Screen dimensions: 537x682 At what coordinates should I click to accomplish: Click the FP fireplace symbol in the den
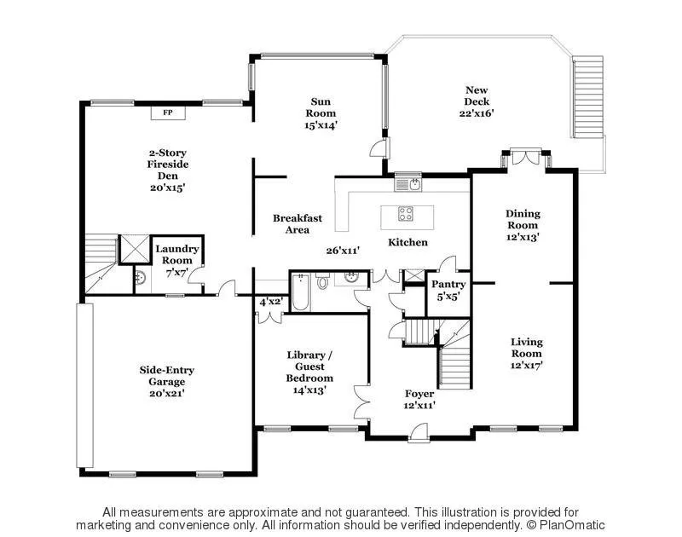pyautogui.click(x=167, y=111)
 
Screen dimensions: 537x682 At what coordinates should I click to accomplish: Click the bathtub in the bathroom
pyautogui.click(x=299, y=293)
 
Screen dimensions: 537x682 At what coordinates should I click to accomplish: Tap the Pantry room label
pyautogui.click(x=448, y=285)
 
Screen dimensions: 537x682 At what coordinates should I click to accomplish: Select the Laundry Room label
pyautogui.click(x=177, y=254)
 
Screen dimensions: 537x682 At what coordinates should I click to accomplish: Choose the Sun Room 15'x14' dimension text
pyautogui.click(x=321, y=125)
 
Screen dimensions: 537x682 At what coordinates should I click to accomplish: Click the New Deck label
pyautogui.click(x=477, y=95)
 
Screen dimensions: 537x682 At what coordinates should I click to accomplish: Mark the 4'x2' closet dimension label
pyautogui.click(x=271, y=301)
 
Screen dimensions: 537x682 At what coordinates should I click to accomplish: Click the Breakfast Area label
pyautogui.click(x=298, y=224)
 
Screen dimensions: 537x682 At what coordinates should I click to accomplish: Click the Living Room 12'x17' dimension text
pyautogui.click(x=526, y=365)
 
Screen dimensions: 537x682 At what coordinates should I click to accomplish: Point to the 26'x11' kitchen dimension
pyautogui.click(x=343, y=251)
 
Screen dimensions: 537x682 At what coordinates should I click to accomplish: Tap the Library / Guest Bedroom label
pyautogui.click(x=308, y=367)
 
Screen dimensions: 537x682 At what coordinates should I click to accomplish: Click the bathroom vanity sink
pyautogui.click(x=350, y=278)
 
